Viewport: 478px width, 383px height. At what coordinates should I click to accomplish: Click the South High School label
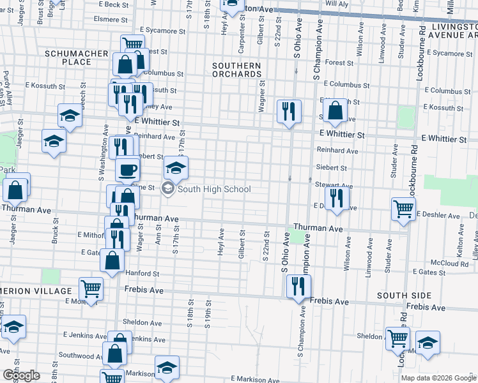tap(213, 189)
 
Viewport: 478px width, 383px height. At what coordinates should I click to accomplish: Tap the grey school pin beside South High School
tap(168, 188)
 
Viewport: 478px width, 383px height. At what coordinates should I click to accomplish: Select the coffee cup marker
tap(127, 169)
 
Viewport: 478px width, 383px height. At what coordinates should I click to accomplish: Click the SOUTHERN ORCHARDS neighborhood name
tap(236, 70)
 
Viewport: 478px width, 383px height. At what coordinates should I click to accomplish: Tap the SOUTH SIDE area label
tap(400, 296)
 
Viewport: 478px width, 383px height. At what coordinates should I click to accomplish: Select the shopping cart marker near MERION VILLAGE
tap(91, 289)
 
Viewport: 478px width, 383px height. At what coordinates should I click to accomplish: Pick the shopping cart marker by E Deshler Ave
tap(403, 209)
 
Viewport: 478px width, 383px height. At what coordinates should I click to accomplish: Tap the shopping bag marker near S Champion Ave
tap(334, 110)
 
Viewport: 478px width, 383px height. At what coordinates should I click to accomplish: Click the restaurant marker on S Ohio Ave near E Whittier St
tap(289, 111)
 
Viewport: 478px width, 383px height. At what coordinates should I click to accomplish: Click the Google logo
tap(20, 375)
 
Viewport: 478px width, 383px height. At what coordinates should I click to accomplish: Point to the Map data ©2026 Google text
tap(438, 378)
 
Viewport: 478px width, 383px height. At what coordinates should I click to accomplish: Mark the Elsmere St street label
tap(110, 19)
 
